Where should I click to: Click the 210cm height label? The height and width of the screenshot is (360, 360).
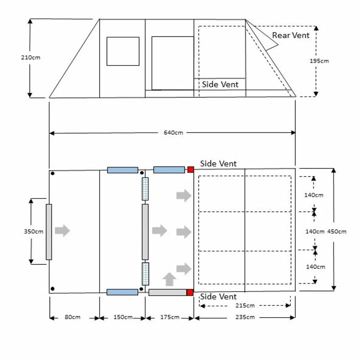tap(31, 58)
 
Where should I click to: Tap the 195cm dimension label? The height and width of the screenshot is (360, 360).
tap(319, 61)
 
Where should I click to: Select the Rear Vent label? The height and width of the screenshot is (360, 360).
tap(291, 35)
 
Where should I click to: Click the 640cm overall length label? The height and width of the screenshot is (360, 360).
tap(174, 132)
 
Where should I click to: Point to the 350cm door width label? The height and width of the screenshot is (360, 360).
tap(33, 231)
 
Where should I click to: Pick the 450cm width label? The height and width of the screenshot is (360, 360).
tap(337, 231)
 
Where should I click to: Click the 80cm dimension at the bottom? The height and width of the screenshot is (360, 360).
tap(73, 317)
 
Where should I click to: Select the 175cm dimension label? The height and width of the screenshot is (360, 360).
tap(170, 317)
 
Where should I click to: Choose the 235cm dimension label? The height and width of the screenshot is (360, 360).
tap(245, 317)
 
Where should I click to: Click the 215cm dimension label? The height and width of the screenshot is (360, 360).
tap(245, 306)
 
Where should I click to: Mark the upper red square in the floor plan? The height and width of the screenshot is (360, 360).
tap(190, 170)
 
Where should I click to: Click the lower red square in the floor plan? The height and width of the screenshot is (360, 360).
tap(190, 292)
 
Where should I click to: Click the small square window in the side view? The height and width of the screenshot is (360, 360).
tap(123, 51)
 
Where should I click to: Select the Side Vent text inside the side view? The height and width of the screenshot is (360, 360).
tap(220, 84)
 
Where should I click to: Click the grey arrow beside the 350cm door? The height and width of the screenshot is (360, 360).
tap(62, 230)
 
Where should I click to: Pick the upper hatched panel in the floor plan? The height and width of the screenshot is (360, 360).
tap(145, 189)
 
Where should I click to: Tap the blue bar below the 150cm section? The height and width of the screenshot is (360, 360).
tap(122, 292)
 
